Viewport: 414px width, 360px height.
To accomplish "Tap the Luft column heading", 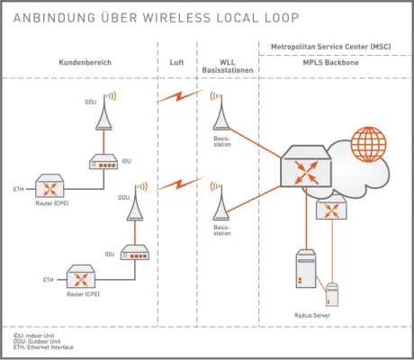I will tap(176, 61).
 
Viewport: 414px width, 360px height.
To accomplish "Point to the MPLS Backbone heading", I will tap(331, 61).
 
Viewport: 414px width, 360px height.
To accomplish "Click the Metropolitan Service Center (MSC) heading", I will tap(331, 44).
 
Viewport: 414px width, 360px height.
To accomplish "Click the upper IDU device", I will tap(105, 162).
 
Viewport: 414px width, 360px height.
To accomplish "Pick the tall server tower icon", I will tap(306, 275).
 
